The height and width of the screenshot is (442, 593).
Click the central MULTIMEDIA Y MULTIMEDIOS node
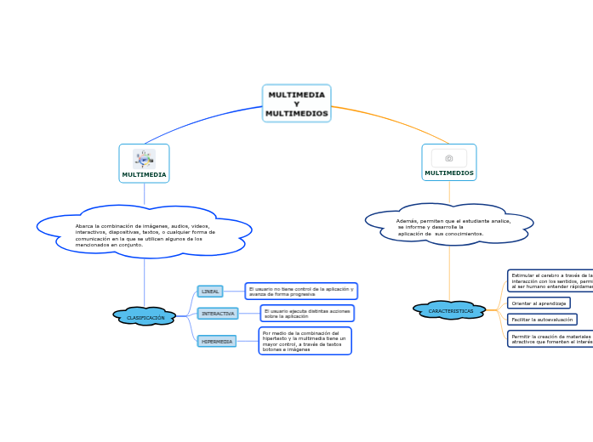pos(296,104)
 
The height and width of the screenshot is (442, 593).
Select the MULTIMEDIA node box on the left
pos(144,164)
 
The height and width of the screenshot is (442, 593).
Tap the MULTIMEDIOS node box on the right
pos(448,163)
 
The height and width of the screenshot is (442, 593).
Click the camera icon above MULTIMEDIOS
pos(449,158)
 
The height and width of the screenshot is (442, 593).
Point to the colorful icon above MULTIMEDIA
pos(144,158)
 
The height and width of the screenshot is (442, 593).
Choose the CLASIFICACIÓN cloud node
pos(145,317)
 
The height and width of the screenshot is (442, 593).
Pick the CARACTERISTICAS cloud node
pos(450,310)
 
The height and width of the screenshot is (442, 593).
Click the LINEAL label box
pos(210,292)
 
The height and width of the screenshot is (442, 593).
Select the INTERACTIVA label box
pos(218,314)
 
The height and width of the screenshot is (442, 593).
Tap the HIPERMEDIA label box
pos(217,341)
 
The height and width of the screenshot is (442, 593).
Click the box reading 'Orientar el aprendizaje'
pos(539,303)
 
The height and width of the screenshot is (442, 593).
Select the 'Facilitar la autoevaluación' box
pos(542,320)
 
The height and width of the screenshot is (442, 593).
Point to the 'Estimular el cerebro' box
pos(551,280)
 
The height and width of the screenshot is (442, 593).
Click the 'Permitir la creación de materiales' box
pos(551,338)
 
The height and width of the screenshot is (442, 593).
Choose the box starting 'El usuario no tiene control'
pos(301,291)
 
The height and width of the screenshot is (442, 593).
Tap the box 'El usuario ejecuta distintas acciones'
pos(306,314)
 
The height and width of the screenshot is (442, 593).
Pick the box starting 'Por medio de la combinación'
pos(305,341)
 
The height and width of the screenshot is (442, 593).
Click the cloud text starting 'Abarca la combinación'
pos(145,235)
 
